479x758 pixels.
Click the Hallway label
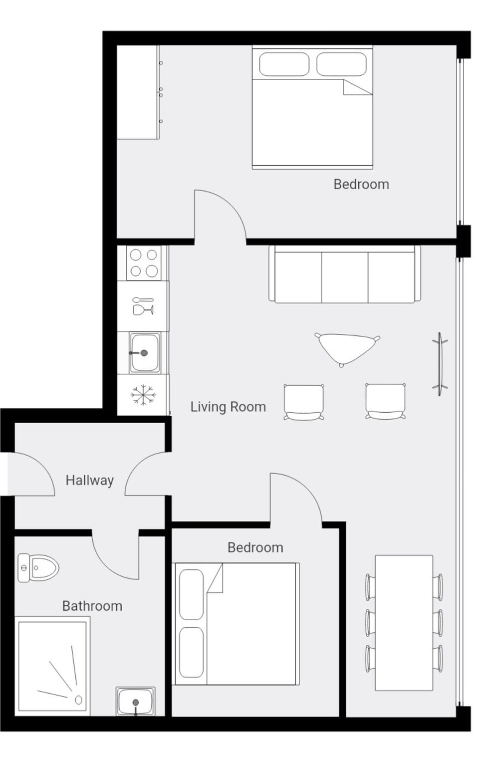pyautogui.click(x=90, y=481)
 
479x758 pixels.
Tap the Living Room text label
pyautogui.click(x=228, y=407)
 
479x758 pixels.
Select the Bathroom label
pyautogui.click(x=92, y=606)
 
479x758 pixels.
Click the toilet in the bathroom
pyautogui.click(x=38, y=568)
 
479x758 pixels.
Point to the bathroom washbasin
pyautogui.click(x=136, y=701)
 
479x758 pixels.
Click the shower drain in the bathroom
pyautogui.click(x=78, y=700)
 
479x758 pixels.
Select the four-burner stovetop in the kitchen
pyautogui.click(x=143, y=263)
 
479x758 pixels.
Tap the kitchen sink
pyautogui.click(x=144, y=353)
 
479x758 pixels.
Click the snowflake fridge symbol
pyautogui.click(x=143, y=395)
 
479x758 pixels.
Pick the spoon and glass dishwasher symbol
pyautogui.click(x=143, y=306)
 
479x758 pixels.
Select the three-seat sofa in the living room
pyautogui.click(x=345, y=274)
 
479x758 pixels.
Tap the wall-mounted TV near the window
pyautogui.click(x=440, y=364)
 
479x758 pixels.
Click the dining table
pyautogui.click(x=404, y=623)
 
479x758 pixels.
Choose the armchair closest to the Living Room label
pyautogui.click(x=304, y=402)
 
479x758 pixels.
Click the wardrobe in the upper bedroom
pyautogui.click(x=138, y=92)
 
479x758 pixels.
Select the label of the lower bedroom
pyautogui.click(x=255, y=547)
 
